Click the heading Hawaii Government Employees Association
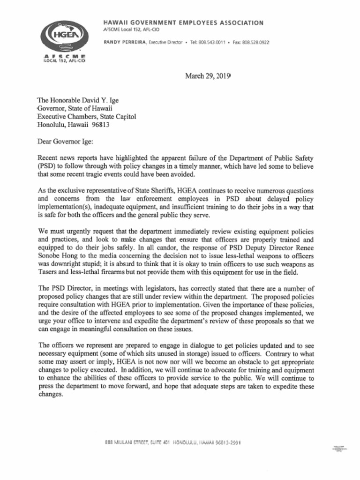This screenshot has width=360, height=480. pos(183,23)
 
